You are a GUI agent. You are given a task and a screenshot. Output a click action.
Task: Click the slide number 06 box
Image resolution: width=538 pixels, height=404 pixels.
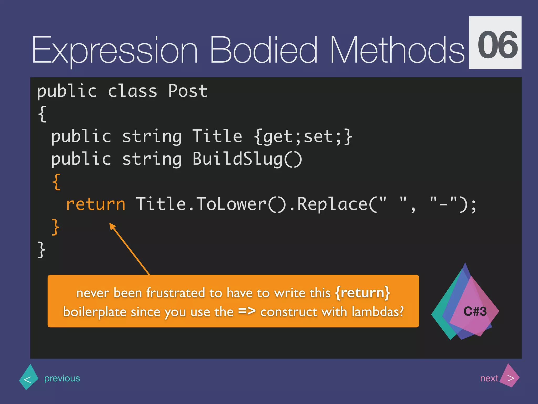[495, 43]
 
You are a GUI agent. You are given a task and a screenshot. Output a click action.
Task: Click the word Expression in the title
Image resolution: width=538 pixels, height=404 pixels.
[115, 50]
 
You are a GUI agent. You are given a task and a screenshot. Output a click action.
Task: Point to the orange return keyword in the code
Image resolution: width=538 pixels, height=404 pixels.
[96, 204]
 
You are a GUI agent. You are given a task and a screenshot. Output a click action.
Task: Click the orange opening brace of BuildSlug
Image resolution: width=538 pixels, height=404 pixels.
[56, 182]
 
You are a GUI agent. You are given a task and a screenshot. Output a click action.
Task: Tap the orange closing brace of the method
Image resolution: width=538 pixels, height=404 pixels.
[55, 227]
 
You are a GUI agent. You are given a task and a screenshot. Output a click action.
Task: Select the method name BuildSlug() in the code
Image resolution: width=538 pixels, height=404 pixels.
[247, 159]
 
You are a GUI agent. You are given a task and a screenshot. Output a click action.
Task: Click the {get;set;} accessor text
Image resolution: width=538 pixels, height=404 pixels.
[303, 137]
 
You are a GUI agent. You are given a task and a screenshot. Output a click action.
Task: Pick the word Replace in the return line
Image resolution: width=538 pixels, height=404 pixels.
[332, 204]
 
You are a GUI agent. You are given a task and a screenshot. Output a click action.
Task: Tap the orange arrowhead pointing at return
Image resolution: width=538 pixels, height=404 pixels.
[113, 226]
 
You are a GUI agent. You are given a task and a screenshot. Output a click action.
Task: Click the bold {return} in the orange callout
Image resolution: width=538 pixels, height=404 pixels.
[363, 293]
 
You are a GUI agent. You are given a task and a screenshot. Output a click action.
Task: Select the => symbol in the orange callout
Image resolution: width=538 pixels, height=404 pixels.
[247, 311]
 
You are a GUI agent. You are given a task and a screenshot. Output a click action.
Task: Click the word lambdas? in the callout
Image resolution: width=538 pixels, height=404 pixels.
[377, 312]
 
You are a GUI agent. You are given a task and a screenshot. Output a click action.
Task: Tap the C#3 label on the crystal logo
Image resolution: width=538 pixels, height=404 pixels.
[475, 311]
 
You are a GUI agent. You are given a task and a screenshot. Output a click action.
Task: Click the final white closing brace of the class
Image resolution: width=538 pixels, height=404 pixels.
[41, 250]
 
